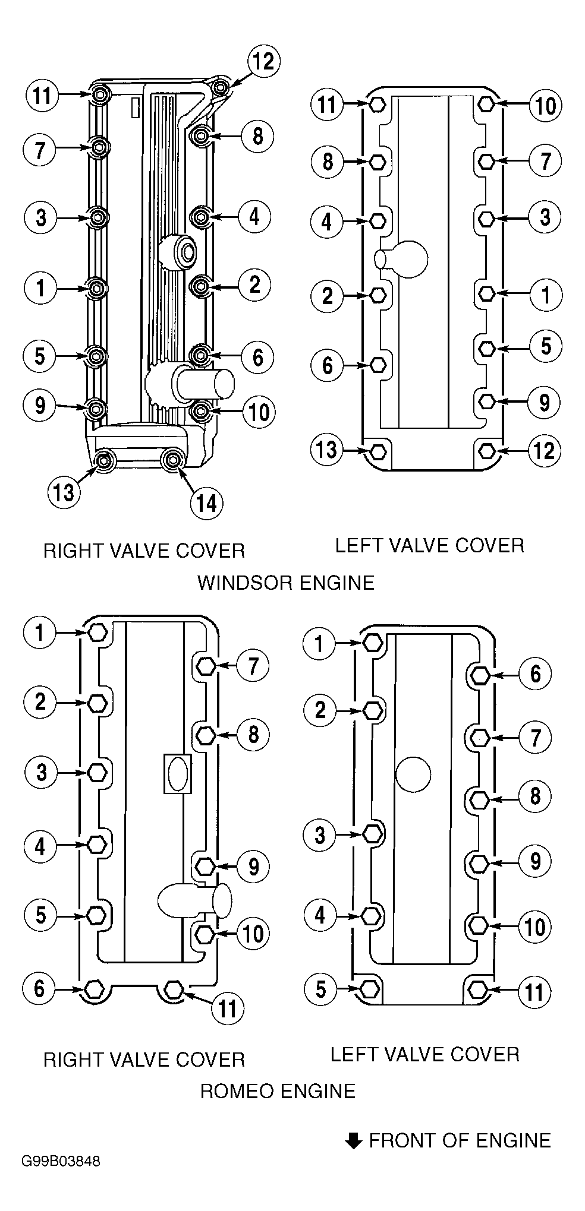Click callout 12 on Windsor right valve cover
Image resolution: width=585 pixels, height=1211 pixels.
pyautogui.click(x=263, y=62)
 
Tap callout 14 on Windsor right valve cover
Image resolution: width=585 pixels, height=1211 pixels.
pyautogui.click(x=206, y=504)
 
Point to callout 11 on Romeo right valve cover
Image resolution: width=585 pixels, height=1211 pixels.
pyautogui.click(x=228, y=1008)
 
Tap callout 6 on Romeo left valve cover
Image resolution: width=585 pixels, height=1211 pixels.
pyautogui.click(x=535, y=674)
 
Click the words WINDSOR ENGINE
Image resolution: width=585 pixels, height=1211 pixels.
pyautogui.click(x=286, y=582)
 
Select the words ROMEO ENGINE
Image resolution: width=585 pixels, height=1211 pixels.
pyautogui.click(x=278, y=1091)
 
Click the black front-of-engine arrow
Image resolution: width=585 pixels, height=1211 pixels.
pyautogui.click(x=354, y=1140)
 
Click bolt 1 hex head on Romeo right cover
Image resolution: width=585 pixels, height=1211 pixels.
pyautogui.click(x=97, y=633)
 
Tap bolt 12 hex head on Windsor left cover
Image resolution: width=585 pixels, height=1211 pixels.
pyautogui.click(x=486, y=451)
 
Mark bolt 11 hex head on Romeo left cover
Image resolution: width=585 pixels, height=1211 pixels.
pyautogui.click(x=478, y=990)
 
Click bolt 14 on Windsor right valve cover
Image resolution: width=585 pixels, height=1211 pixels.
pyautogui.click(x=173, y=460)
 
